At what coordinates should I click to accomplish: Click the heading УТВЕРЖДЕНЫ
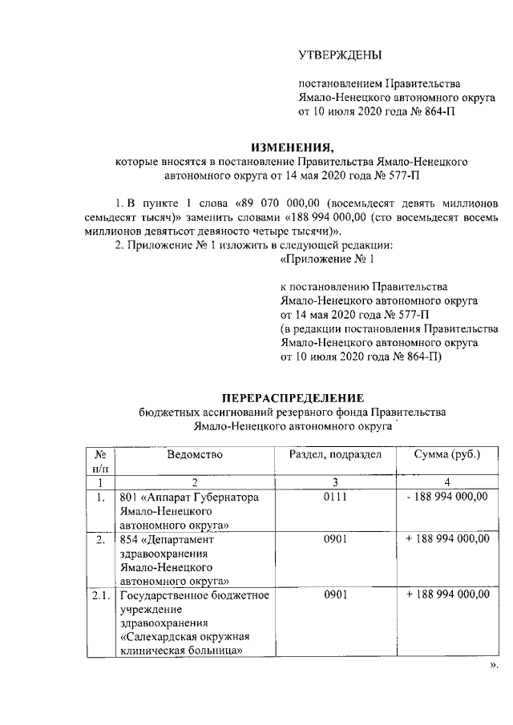340,55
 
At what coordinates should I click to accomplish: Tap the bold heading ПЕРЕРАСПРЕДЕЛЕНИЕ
292,397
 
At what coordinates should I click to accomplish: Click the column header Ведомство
195,455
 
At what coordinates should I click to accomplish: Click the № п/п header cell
100,461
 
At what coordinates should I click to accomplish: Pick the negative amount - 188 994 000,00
447,497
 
